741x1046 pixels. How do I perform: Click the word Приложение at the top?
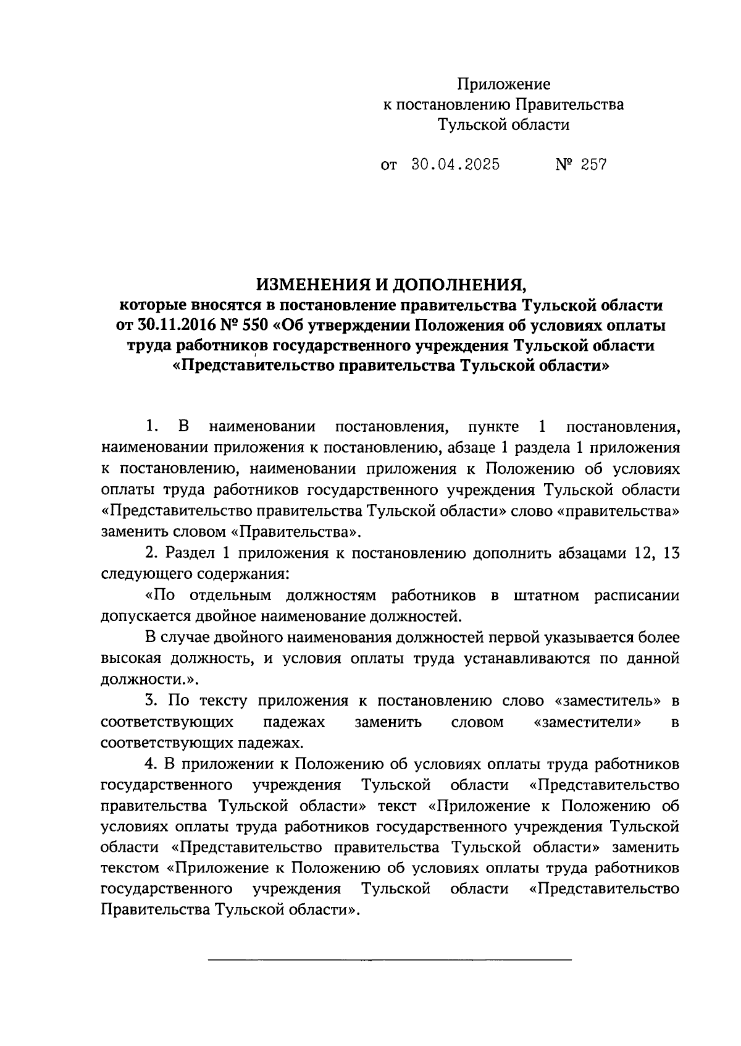tap(503, 84)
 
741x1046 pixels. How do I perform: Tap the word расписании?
tap(637, 596)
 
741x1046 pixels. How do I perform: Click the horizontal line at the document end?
tap(390, 959)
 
